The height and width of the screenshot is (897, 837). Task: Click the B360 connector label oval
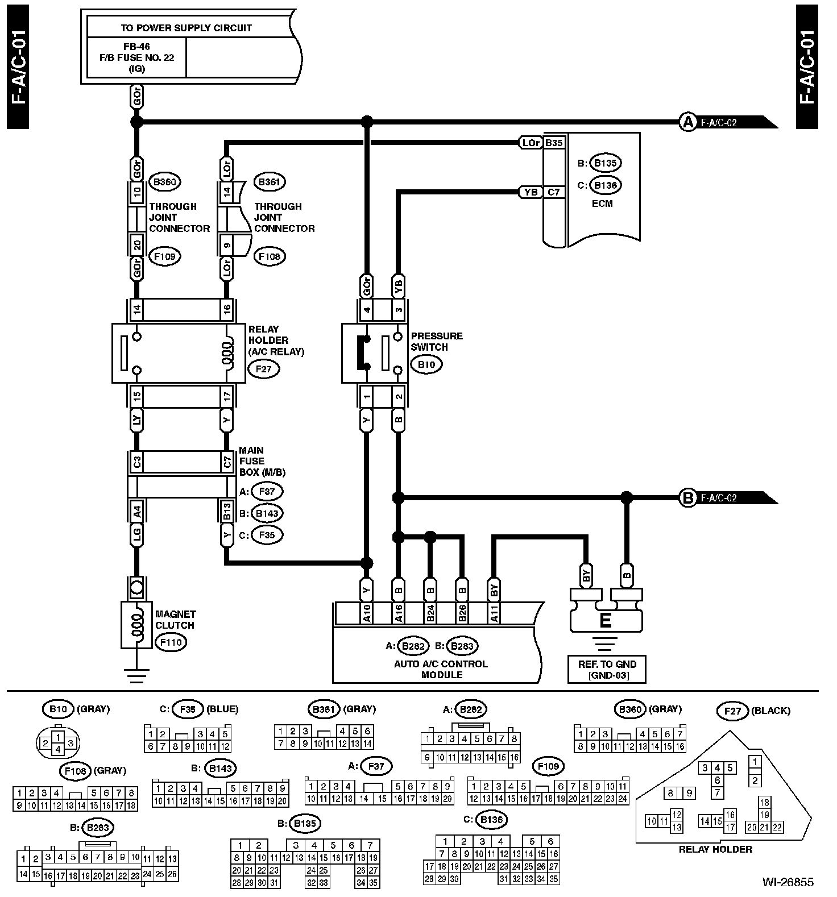(164, 182)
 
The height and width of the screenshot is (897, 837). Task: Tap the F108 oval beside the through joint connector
(269, 256)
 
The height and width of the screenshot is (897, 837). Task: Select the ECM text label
(602, 204)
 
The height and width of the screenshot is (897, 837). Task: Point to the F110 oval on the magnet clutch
(171, 642)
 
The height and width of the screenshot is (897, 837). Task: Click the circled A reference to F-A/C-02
(688, 122)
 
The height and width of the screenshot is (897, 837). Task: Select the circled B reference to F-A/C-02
(688, 498)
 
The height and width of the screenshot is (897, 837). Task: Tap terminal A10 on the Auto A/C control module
(367, 613)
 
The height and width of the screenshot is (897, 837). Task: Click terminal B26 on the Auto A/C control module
(462, 613)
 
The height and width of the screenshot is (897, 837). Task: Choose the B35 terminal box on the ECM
(554, 143)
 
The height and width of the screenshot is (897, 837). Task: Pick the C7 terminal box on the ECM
(554, 192)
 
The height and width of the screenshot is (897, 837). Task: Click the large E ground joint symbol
(606, 620)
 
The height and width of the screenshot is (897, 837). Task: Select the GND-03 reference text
(607, 676)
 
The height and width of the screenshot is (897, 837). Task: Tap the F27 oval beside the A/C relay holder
(263, 369)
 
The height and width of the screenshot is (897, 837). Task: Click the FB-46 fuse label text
(136, 47)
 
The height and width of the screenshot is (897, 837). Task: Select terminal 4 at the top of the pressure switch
(367, 310)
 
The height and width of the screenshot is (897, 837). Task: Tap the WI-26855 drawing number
(788, 882)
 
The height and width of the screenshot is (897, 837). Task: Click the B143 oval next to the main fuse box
(266, 513)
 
